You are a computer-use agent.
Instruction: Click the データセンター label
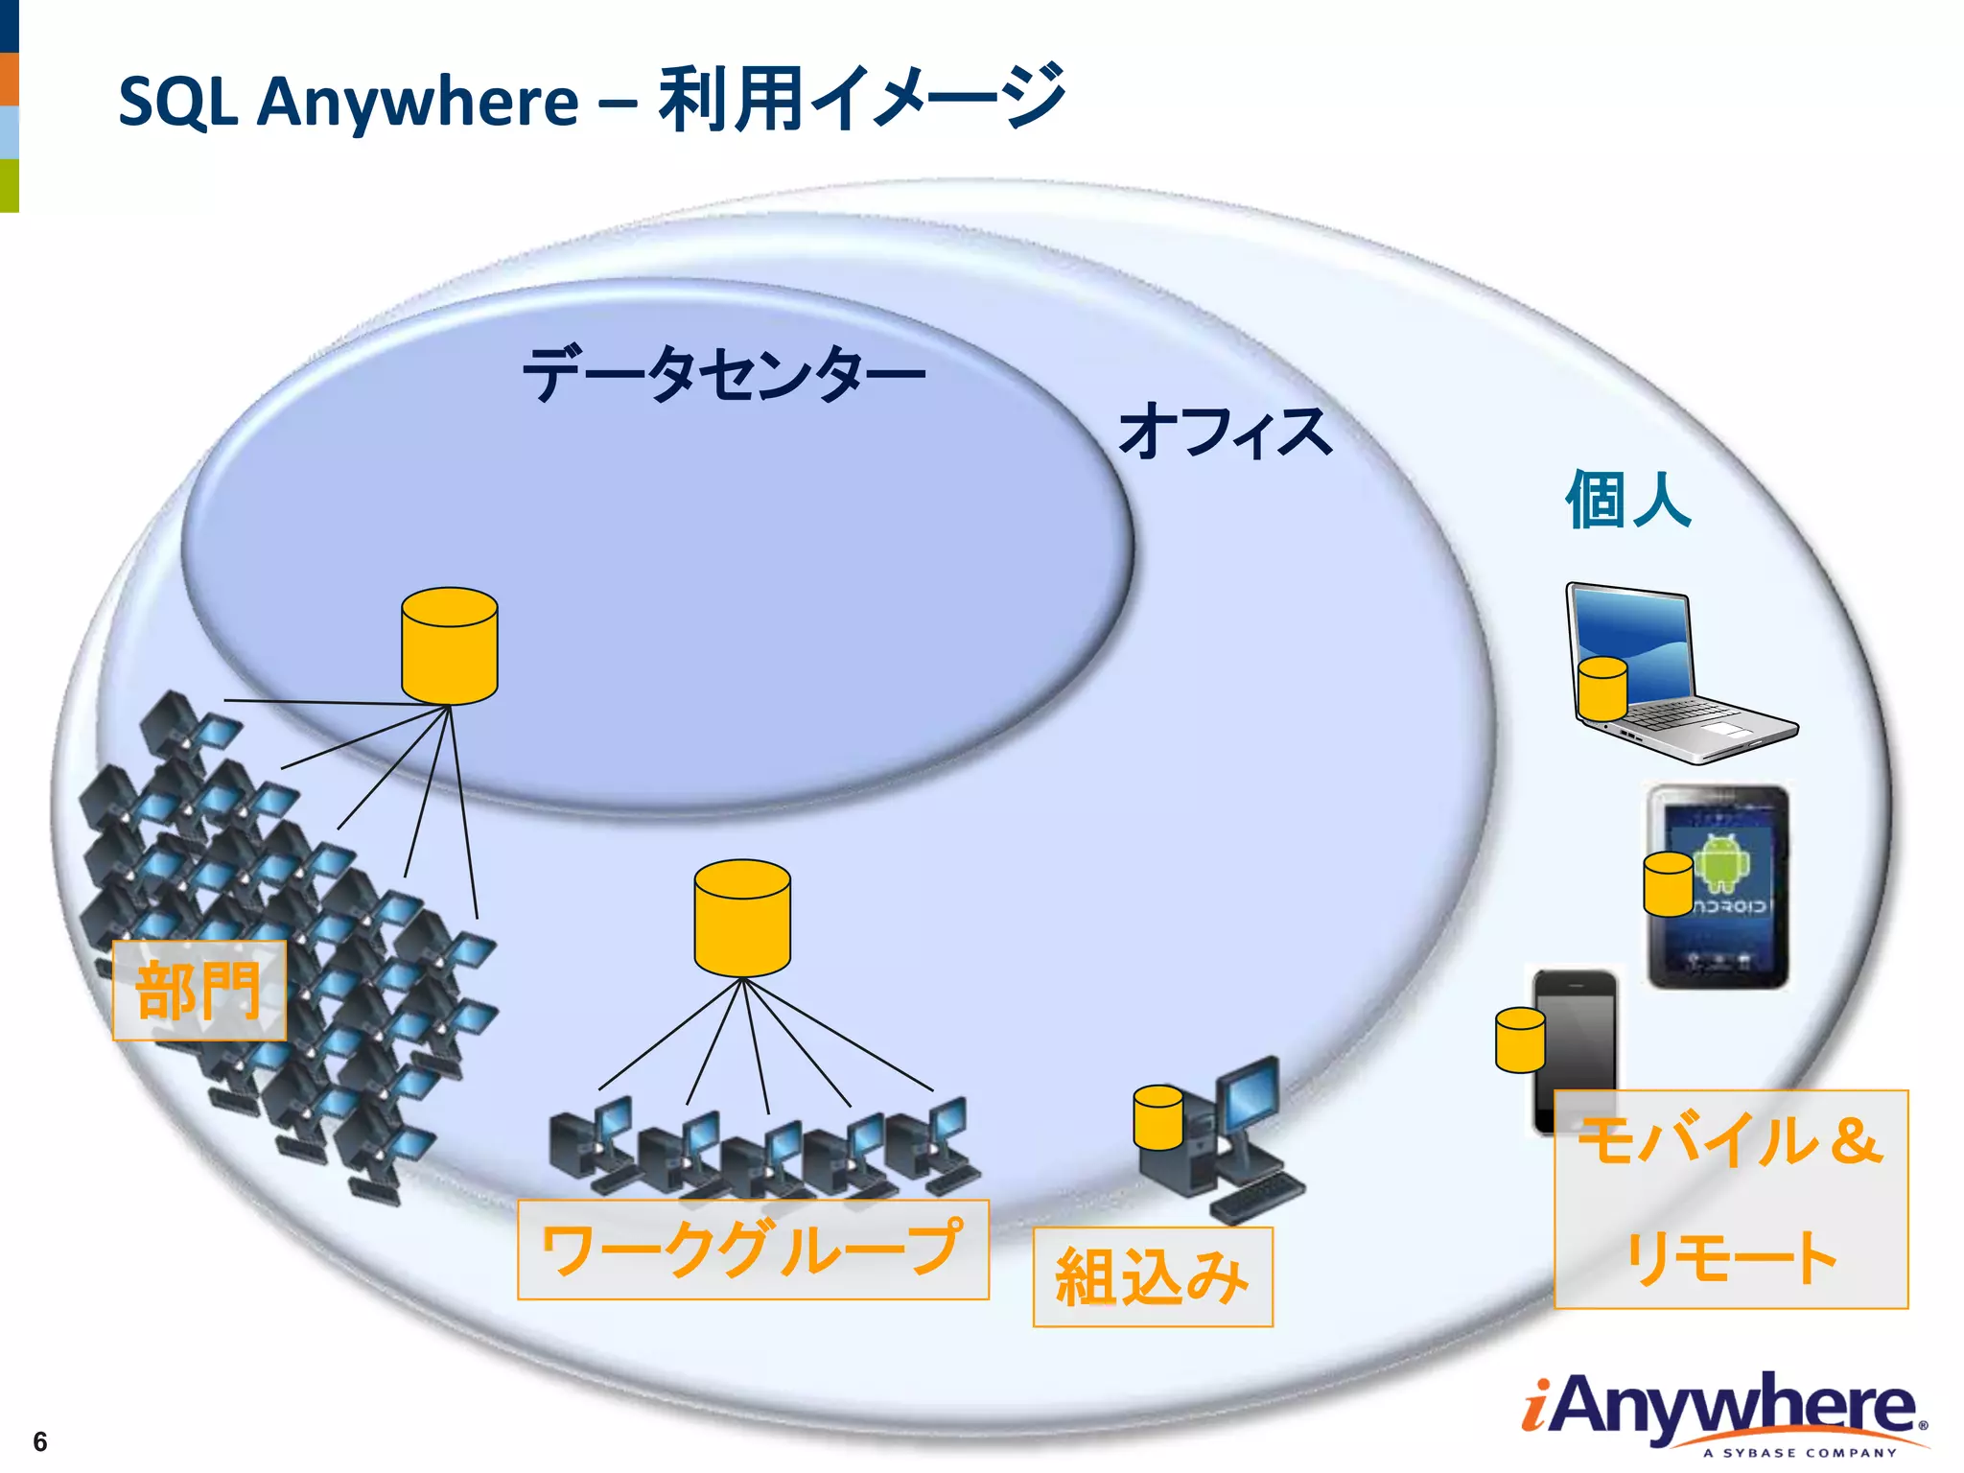(724, 374)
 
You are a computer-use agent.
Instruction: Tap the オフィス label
(1225, 433)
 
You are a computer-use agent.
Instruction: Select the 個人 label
(1627, 500)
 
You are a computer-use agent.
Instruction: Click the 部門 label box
(199, 991)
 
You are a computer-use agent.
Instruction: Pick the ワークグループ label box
(753, 1250)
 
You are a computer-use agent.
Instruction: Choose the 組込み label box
(1153, 1277)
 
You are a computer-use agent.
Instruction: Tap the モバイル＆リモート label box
(1731, 1200)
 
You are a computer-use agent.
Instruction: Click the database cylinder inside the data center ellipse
(449, 646)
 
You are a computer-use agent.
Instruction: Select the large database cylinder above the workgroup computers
(742, 918)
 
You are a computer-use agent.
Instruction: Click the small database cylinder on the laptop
(1602, 689)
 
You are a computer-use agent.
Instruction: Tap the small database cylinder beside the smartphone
(1520, 1040)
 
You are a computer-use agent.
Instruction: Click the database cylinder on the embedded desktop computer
(1157, 1117)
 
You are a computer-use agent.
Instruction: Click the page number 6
(39, 1441)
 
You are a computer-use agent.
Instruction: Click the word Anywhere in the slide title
(417, 102)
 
